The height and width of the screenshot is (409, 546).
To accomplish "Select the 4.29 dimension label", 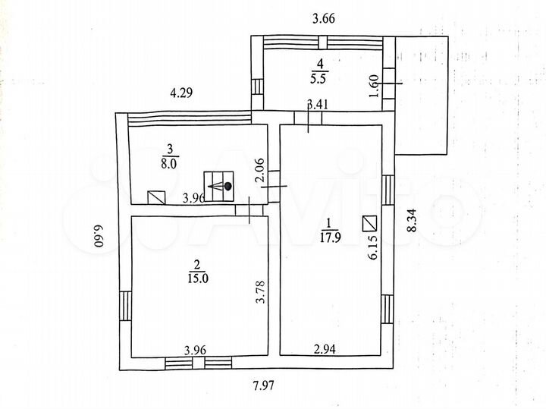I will pos(181,93).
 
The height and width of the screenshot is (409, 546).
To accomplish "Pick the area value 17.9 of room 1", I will pos(327,234).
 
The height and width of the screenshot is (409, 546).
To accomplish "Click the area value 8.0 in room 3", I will pos(170,162).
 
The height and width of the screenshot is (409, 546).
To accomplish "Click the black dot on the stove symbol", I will pos(227,185).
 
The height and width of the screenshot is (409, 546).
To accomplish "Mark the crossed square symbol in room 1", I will pos(370,223).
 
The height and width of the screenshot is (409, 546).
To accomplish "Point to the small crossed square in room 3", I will pos(156,197).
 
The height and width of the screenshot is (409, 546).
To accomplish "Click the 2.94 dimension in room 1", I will pos(326,350).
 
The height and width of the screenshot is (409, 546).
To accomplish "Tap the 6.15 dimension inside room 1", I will pos(372,247).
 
